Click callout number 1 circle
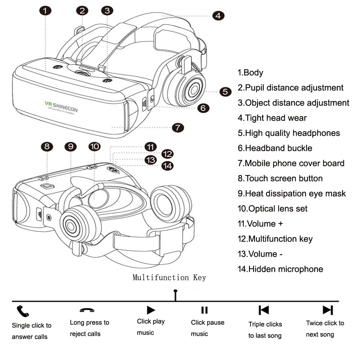45,10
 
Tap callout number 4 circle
218,15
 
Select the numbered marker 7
177,127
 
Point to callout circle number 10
94,146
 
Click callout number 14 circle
167,166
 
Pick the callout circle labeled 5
225,91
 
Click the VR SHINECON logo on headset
61,107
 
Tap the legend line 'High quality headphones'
289,133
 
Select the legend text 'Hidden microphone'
280,269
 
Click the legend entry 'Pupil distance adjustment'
291,87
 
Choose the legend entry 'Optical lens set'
273,208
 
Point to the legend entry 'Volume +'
260,224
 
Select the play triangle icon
151,310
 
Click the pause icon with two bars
204,310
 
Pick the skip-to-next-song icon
328,310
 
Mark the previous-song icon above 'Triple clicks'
264,310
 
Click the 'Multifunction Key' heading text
169,278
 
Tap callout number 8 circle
47,147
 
